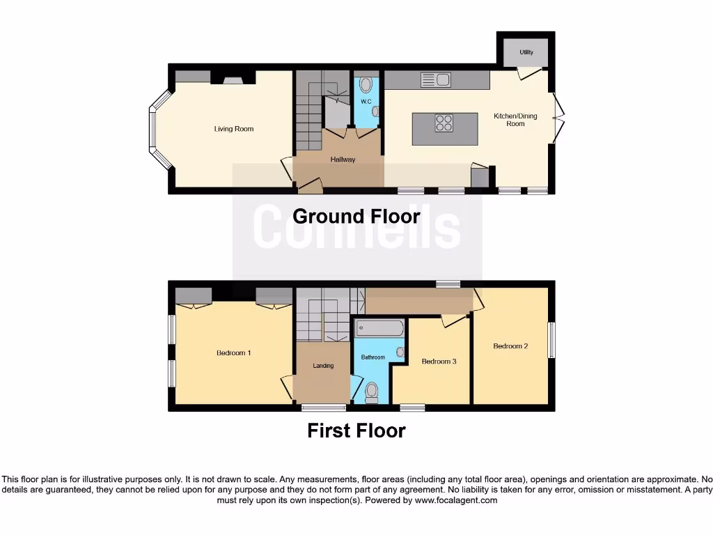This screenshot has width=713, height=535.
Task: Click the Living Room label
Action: click(x=233, y=129)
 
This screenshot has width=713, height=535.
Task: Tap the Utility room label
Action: click(x=526, y=52)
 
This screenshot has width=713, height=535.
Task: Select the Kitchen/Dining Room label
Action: click(x=515, y=120)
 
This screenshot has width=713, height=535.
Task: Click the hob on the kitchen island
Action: click(x=444, y=123)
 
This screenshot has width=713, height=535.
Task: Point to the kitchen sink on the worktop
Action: click(x=436, y=80)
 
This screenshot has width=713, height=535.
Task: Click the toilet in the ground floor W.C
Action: click(x=366, y=86)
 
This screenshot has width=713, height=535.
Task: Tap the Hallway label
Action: click(x=343, y=160)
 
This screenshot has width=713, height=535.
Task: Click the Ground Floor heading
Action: click(x=356, y=216)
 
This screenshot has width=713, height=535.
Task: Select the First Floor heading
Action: click(x=356, y=431)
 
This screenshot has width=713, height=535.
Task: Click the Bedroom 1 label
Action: click(x=233, y=353)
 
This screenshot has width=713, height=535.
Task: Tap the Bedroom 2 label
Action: click(x=510, y=346)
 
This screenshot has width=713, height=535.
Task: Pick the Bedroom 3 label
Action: click(x=439, y=362)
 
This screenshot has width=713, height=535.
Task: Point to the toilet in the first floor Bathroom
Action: click(x=371, y=392)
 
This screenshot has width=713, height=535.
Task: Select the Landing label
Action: click(x=323, y=366)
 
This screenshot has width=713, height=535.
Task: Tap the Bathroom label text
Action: click(x=373, y=357)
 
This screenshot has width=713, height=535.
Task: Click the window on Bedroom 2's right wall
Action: click(x=551, y=340)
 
